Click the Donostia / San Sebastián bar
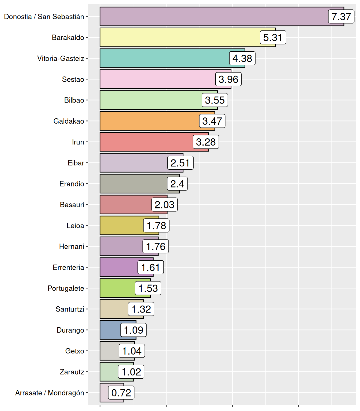point(214,17)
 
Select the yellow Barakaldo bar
point(179,37)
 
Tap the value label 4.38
point(242,59)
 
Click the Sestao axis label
point(73,79)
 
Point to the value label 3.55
point(215,100)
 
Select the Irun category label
point(78,142)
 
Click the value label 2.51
point(180,163)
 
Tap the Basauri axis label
point(72,205)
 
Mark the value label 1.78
point(156,226)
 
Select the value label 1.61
point(151,267)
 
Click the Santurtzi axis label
point(70,309)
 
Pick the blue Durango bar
point(110,330)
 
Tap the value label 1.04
point(132,351)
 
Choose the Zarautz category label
point(72,372)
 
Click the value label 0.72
point(121,393)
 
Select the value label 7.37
point(341,17)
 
